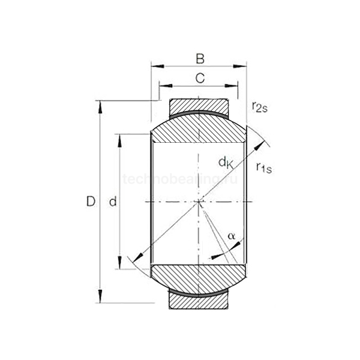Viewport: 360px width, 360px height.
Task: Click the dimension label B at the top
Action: coord(200,59)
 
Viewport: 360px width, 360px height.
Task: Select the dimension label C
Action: coord(200,77)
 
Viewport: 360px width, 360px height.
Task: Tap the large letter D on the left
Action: coord(91,202)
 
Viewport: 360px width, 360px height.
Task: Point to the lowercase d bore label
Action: coord(112,203)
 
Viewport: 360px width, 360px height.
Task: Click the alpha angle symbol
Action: coord(231,236)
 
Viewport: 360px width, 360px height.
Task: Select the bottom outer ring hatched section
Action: coord(199,298)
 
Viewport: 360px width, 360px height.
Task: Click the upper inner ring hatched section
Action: coord(199,128)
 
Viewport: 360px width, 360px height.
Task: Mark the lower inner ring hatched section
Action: coord(199,277)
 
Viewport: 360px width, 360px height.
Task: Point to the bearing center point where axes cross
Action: coord(199,202)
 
